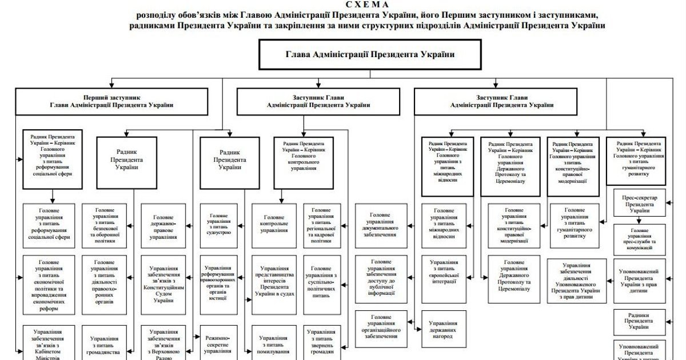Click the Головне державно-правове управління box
(163, 224)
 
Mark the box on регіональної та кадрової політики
(324, 224)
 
